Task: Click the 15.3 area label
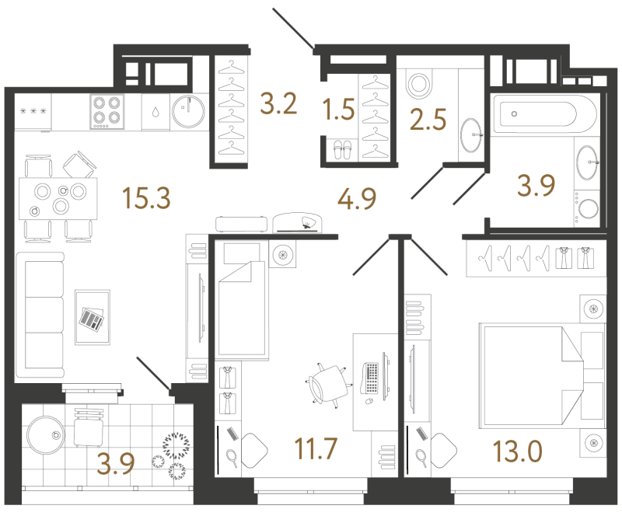click(147, 198)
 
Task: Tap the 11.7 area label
click(316, 448)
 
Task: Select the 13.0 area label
click(517, 451)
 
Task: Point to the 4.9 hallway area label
click(357, 199)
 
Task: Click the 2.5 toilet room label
click(428, 120)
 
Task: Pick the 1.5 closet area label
click(339, 109)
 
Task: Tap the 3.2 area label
click(278, 104)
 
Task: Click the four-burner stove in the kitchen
click(107, 111)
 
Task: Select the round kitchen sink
click(188, 111)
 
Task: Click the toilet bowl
click(419, 84)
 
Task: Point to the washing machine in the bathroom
click(587, 208)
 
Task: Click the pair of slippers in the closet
click(342, 150)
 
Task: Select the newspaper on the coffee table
click(92, 319)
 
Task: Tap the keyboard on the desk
click(370, 378)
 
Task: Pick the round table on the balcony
click(46, 435)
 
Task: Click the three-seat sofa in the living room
click(40, 315)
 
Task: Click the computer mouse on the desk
click(369, 402)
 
